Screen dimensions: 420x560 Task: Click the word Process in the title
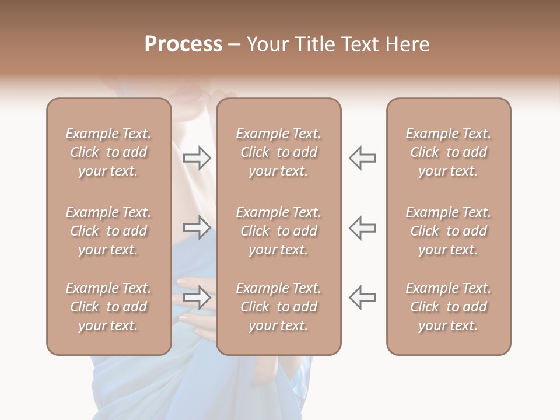183,44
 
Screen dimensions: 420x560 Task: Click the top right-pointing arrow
197,158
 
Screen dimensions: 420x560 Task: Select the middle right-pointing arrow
197,228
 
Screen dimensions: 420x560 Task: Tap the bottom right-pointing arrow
197,297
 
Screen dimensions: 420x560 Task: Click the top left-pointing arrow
362,158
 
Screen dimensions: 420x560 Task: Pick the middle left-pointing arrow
362,228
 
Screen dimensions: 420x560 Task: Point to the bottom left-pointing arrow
362,297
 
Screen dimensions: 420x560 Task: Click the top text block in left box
108,152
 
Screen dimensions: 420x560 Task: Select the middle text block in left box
108,231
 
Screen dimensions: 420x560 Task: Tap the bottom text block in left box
108,307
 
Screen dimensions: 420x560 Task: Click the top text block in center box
278,152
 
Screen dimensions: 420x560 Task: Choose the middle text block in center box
278,231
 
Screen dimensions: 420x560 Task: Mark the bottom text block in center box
278,307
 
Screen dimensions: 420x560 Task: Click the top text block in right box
448,152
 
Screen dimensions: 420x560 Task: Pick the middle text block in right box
448,231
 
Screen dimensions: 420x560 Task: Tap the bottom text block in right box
448,307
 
